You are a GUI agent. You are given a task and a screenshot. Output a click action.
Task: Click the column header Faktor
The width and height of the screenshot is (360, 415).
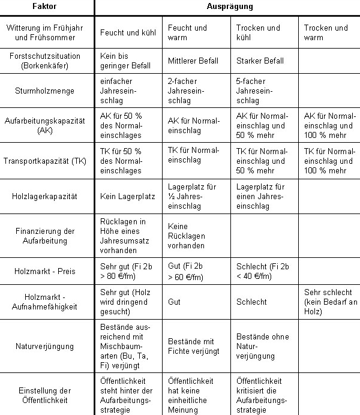coord(47,7)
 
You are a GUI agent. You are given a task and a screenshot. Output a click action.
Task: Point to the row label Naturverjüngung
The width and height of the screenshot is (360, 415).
coord(47,345)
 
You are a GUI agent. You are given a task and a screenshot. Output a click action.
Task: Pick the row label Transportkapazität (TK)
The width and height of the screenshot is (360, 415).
coord(47,160)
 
